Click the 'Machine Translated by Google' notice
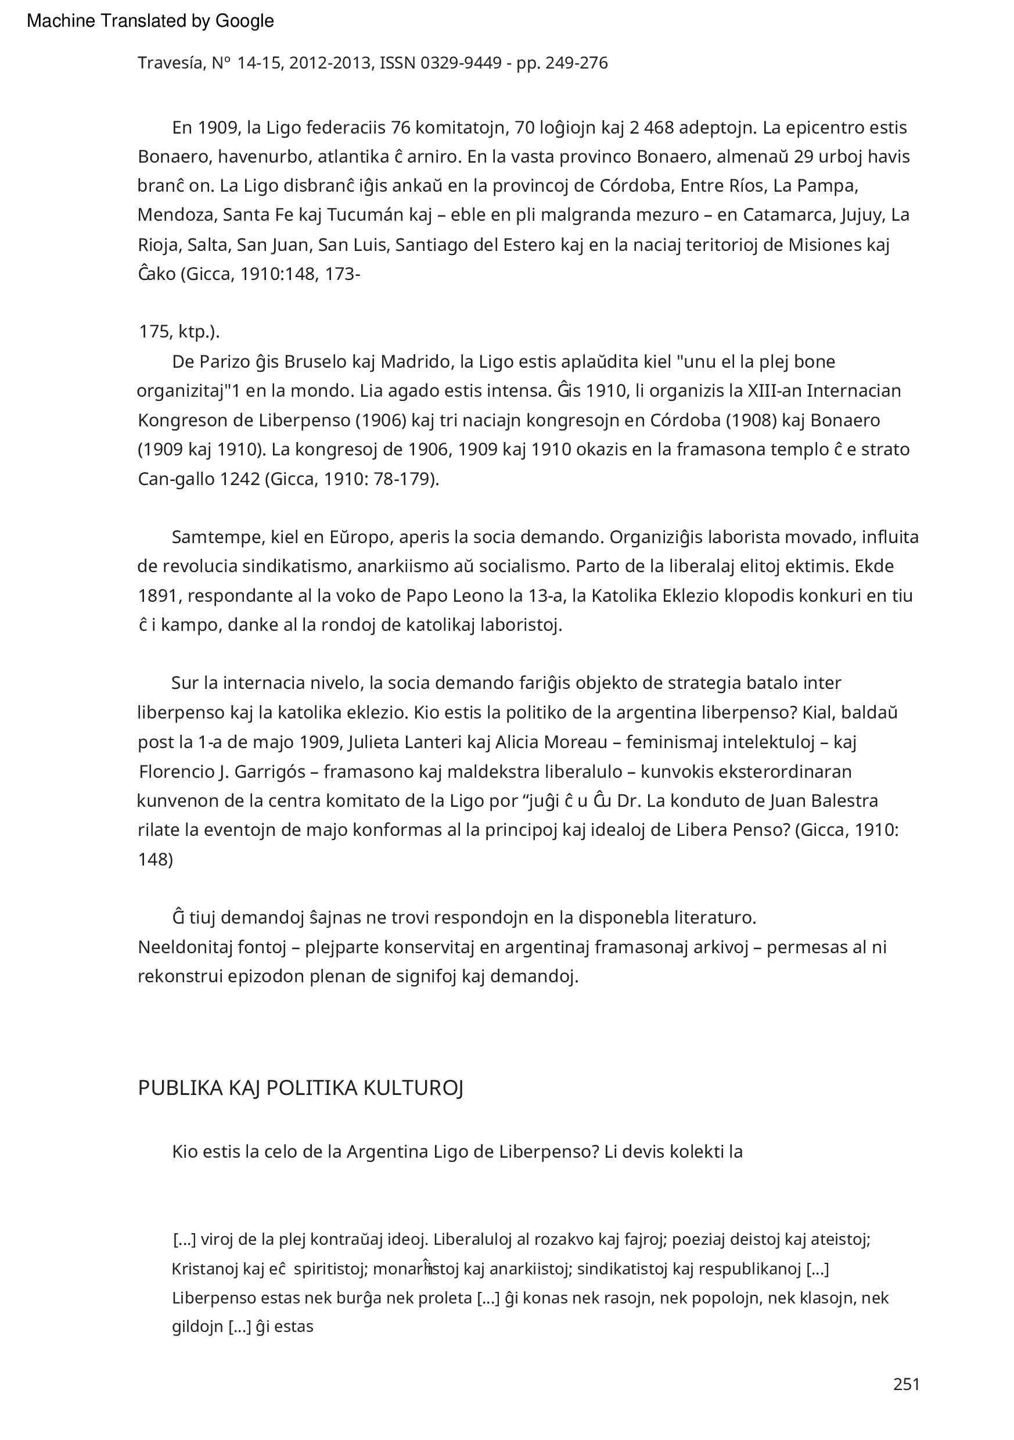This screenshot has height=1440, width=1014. (x=150, y=21)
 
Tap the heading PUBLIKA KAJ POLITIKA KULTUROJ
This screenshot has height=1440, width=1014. (x=300, y=1087)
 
